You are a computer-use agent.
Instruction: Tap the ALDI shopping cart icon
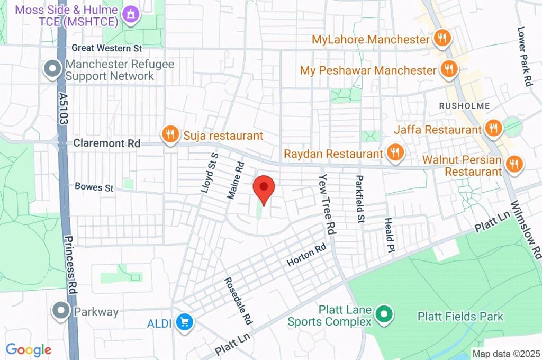(185, 322)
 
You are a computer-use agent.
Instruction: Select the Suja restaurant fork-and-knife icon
(170, 134)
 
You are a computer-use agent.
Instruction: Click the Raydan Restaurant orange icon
(394, 153)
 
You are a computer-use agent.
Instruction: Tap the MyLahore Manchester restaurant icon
(441, 39)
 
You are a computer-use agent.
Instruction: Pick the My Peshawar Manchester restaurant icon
(448, 69)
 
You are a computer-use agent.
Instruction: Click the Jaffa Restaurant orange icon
(493, 129)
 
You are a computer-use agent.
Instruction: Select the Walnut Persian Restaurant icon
(513, 164)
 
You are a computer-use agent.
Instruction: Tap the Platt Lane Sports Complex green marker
(383, 315)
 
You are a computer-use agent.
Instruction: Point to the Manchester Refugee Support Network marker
(53, 70)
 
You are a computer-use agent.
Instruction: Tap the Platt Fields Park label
(460, 317)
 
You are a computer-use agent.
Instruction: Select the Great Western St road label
(107, 48)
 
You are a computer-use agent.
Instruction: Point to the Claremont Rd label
(107, 143)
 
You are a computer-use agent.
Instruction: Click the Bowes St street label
(94, 187)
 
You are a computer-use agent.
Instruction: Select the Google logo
(29, 349)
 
